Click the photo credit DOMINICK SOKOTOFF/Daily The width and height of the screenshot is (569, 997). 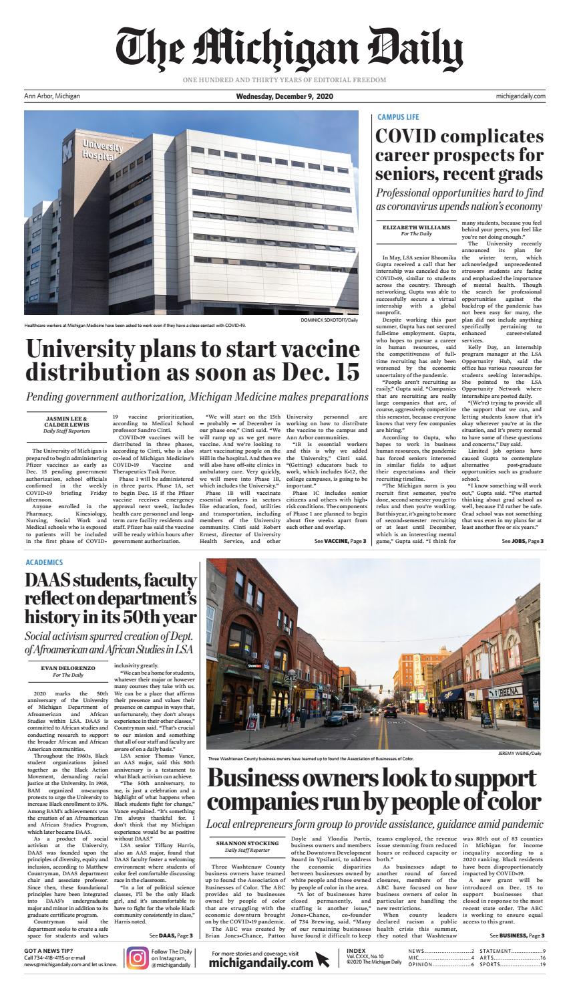coord(329,320)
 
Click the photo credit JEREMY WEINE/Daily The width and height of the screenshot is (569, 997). coord(520,753)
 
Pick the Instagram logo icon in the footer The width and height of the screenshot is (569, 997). coord(137,958)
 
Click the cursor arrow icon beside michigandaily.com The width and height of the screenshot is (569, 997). coord(323,960)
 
